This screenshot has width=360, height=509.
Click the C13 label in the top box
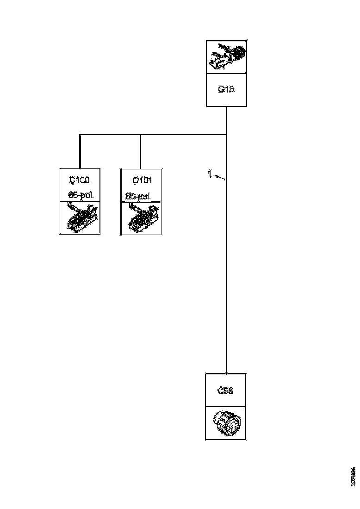(226, 90)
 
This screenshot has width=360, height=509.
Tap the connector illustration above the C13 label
(226, 56)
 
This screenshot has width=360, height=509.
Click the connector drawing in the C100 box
(80, 217)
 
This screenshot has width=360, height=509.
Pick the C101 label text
(141, 180)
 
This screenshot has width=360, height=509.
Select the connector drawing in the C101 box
(141, 218)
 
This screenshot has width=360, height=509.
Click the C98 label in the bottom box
(225, 391)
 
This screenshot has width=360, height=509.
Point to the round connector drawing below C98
(225, 423)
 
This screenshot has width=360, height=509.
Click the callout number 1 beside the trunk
(209, 174)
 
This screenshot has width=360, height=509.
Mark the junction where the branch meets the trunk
(226, 135)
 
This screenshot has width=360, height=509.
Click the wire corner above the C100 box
(80, 135)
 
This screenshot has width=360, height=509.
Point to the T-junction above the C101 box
(140, 135)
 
